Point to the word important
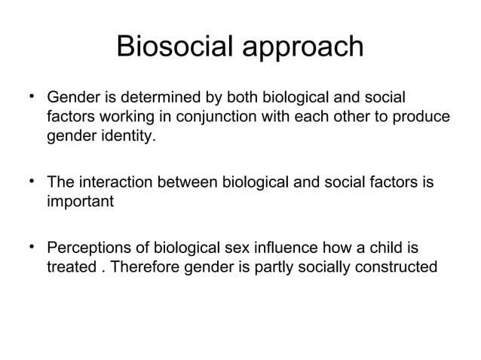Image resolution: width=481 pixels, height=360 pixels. pyautogui.click(x=80, y=203)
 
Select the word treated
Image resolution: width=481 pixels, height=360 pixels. pyautogui.click(x=71, y=267)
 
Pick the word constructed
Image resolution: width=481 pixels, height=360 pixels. pyautogui.click(x=398, y=267)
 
